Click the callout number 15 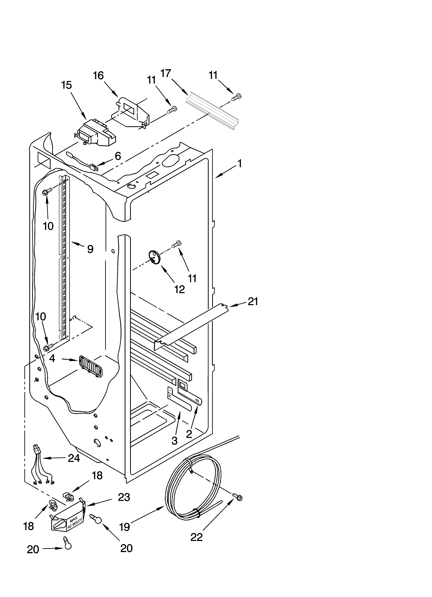[x=67, y=85]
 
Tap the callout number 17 [x=166, y=73]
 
